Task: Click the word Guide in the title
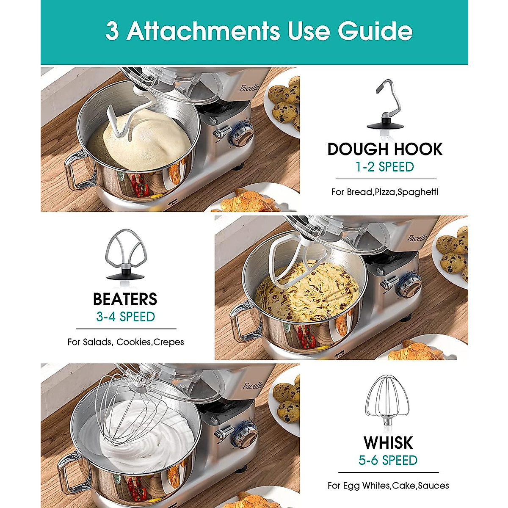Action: pos(375,31)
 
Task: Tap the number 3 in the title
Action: pos(112,31)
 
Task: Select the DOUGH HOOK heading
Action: pos(385,149)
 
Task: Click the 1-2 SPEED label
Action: pos(385,167)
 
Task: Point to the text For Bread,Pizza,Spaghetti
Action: pos(385,192)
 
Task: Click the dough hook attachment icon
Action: pos(385,106)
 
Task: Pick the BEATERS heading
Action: pos(125,299)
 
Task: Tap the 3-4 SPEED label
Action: pos(125,317)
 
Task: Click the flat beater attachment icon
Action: pos(125,254)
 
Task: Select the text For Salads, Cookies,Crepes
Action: pos(125,342)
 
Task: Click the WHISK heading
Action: pos(388,443)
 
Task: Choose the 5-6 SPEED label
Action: pos(388,460)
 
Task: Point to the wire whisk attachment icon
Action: pos(388,402)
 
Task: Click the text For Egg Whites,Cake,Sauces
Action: pos(388,486)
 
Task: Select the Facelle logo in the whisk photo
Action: pos(252,386)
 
